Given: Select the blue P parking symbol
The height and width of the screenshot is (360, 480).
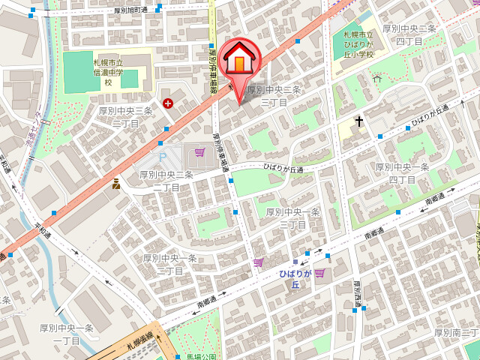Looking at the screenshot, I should (x=163, y=157).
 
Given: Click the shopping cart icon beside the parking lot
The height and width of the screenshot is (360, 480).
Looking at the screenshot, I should (x=199, y=152).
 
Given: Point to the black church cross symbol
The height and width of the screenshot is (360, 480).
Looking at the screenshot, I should (x=359, y=121).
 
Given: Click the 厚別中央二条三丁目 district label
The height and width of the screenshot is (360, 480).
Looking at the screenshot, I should (x=274, y=95).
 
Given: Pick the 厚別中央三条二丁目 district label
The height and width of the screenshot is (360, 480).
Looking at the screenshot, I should (x=125, y=116).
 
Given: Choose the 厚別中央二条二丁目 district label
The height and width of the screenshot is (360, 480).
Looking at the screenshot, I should (x=166, y=181).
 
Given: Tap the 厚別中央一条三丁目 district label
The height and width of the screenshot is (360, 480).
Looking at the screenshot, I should (x=292, y=218).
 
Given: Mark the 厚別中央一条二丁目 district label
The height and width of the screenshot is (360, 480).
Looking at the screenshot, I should (x=169, y=264).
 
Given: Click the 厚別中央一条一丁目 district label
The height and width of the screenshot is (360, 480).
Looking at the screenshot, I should (x=66, y=334).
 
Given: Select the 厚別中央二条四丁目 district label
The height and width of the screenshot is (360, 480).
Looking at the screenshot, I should (x=409, y=34).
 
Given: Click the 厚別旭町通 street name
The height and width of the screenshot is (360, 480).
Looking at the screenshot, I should (x=141, y=10).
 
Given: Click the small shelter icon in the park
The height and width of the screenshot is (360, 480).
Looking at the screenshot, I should (x=377, y=78).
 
